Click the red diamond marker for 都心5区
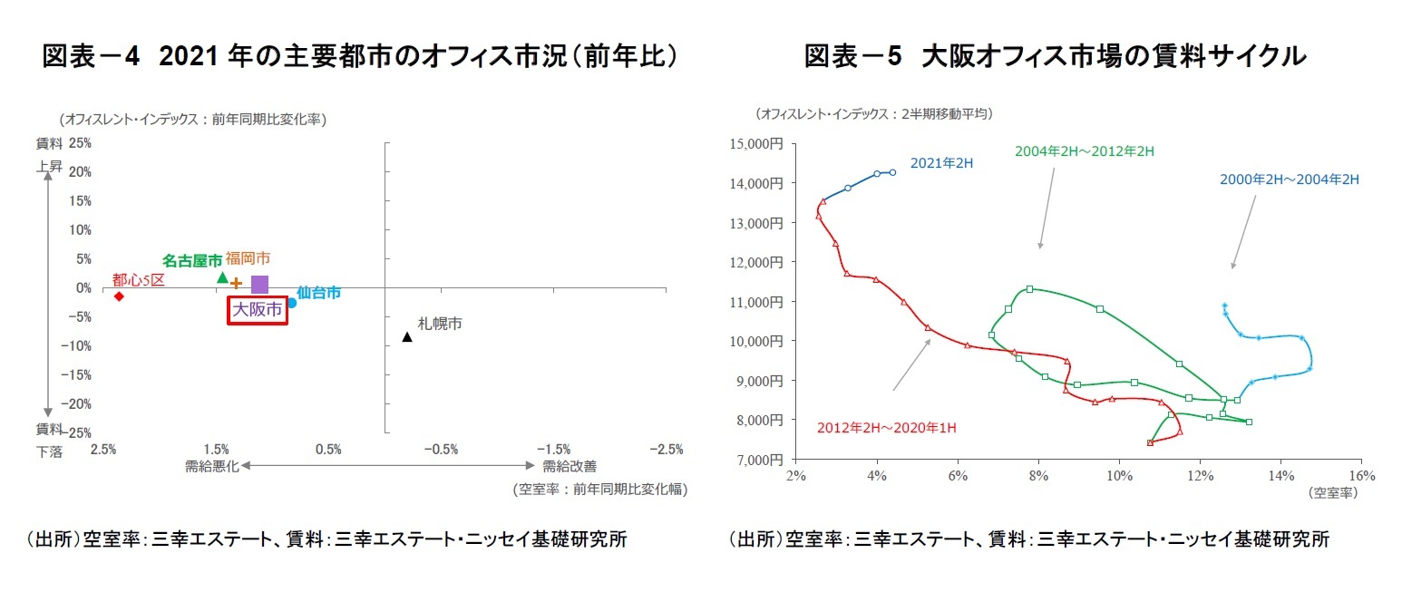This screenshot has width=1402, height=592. click(x=119, y=296)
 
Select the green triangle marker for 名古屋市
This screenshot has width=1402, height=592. click(x=222, y=277)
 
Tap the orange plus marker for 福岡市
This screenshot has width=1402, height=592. click(x=237, y=283)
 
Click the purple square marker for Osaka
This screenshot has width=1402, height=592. click(x=259, y=284)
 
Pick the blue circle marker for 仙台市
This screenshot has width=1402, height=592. click(x=292, y=303)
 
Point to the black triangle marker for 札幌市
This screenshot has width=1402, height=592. click(x=407, y=337)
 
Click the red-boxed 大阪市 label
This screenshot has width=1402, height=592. click(x=258, y=310)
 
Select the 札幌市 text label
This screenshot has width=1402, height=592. click(x=440, y=323)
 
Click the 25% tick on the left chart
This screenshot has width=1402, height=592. click(x=79, y=143)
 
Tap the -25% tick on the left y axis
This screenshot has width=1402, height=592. click(x=76, y=433)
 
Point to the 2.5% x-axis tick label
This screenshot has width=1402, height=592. click(x=102, y=450)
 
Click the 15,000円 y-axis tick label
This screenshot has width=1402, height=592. click(x=757, y=143)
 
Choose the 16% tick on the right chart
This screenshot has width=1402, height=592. click(x=1362, y=476)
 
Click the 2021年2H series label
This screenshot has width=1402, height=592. click(x=941, y=164)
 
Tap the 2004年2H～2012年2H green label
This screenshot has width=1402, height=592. click(x=1085, y=151)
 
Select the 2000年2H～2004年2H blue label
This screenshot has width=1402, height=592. click(x=1289, y=180)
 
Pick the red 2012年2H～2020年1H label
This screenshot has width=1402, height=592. click(x=887, y=427)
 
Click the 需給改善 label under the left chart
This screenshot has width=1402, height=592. click(x=570, y=466)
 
